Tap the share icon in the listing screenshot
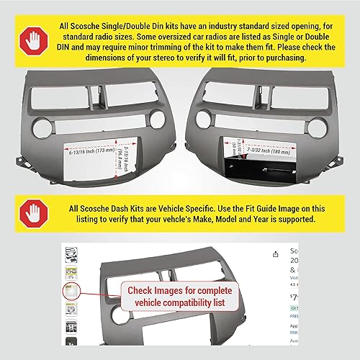pos(276,253)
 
